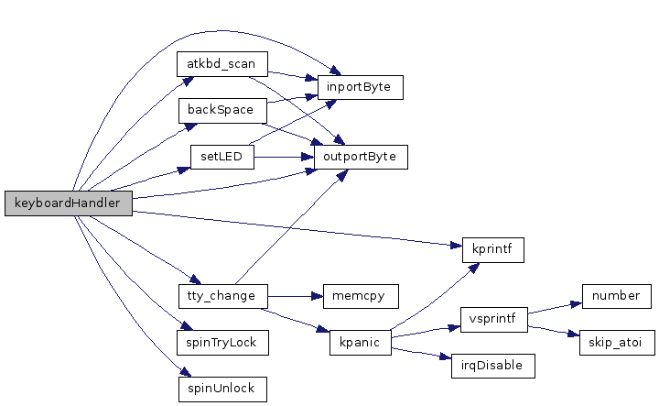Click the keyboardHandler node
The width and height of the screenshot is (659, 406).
point(68,203)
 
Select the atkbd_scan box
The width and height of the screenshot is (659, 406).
point(221,65)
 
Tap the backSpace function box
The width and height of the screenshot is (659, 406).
point(221,110)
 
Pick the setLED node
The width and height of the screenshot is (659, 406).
point(221,156)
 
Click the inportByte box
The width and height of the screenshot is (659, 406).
point(360,87)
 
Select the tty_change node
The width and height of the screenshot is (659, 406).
point(221,296)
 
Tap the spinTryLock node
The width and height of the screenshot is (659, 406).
point(221,342)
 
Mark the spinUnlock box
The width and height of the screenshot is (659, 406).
point(221,388)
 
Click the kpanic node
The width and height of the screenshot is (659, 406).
point(360,342)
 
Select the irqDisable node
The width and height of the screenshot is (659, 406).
point(493,365)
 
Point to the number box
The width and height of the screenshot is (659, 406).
point(615,296)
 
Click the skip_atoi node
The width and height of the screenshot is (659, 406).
point(615,342)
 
